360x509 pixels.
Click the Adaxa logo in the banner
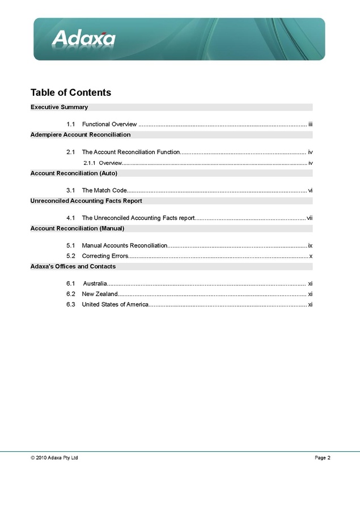click(84, 39)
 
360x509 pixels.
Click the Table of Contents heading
click(71, 92)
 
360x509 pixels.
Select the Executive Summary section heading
click(59, 107)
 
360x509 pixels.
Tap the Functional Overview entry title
click(109, 124)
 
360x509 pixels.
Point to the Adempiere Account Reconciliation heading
click(81, 135)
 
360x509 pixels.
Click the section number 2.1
click(71, 152)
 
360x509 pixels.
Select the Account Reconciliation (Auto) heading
click(74, 173)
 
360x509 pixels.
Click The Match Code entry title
click(104, 190)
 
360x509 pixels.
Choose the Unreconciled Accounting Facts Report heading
click(86, 201)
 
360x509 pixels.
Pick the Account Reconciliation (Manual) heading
click(77, 228)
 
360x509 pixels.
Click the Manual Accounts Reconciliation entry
click(125, 245)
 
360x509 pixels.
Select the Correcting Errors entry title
click(105, 256)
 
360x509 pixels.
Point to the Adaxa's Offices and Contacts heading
click(73, 266)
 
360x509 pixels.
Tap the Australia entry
click(95, 283)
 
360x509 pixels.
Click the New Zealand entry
click(100, 294)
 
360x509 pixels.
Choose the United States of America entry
click(115, 305)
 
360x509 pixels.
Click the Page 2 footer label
click(323, 458)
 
